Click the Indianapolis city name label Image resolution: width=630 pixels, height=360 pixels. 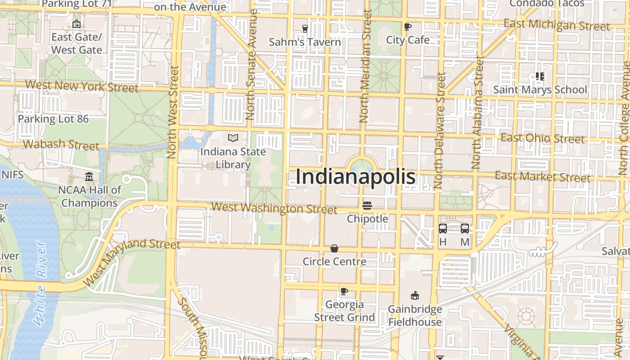click(x=355, y=177)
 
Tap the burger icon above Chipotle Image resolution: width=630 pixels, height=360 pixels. click(x=367, y=206)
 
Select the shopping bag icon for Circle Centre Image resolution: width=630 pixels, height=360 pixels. click(x=334, y=248)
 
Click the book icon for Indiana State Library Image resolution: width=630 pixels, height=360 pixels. click(x=233, y=138)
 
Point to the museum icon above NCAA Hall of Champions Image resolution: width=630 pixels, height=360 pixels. click(x=89, y=177)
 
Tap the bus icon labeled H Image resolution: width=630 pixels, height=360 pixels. click(x=443, y=229)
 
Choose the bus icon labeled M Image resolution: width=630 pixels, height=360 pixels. click(x=465, y=229)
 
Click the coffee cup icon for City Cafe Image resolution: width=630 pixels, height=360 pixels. click(x=408, y=27)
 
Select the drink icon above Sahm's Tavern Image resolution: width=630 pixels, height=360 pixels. click(x=305, y=29)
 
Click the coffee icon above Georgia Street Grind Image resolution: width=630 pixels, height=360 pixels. click(x=344, y=291)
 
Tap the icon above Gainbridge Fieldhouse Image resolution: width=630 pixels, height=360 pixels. click(x=415, y=296)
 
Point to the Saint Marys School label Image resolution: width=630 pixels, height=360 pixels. click(x=540, y=90)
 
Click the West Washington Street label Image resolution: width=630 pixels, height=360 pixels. click(x=274, y=208)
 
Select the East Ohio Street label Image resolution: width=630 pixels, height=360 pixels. click(x=543, y=138)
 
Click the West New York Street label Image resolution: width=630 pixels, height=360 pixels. click(x=81, y=86)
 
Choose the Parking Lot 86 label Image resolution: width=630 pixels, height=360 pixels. click(x=53, y=119)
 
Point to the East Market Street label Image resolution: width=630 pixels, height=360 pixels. click(x=542, y=176)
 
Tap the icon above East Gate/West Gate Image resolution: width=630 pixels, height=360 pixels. click(x=76, y=24)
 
